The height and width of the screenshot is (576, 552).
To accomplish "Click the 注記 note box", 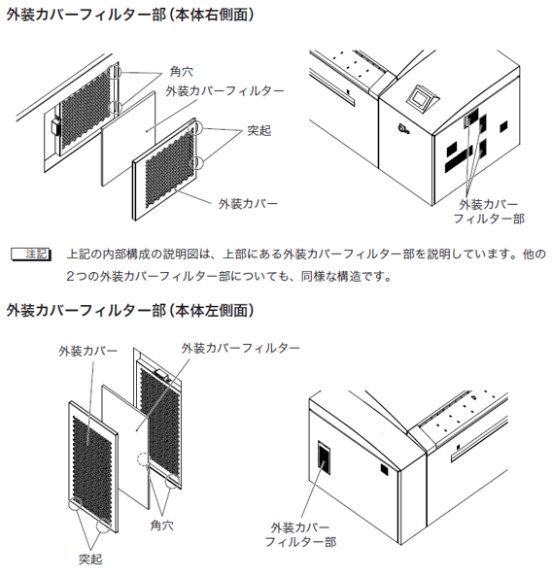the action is (x=31, y=254).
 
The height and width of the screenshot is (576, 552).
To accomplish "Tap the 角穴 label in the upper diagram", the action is (x=182, y=71).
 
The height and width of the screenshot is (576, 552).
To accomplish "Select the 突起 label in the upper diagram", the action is (x=259, y=130).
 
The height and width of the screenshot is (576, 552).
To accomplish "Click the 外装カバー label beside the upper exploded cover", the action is (x=248, y=204).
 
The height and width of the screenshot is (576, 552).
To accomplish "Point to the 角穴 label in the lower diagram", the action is (x=162, y=525).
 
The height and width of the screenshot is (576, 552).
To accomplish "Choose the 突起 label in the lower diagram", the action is (x=90, y=559).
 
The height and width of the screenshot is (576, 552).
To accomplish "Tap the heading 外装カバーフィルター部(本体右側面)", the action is (x=130, y=16).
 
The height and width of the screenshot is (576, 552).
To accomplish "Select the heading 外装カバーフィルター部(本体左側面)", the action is (x=130, y=311).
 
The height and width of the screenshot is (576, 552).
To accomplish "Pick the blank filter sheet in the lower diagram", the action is (x=126, y=446).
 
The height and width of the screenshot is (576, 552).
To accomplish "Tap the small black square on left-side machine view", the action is (x=385, y=469).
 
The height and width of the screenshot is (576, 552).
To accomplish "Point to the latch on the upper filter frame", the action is (x=55, y=126).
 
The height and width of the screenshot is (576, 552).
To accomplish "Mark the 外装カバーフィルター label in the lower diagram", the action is (x=241, y=348).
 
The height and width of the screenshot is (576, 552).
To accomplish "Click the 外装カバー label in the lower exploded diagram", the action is (x=87, y=351).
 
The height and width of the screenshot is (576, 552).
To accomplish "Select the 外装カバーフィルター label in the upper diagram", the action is (x=224, y=90).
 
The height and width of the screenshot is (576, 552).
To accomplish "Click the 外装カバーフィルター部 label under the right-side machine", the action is (x=489, y=211).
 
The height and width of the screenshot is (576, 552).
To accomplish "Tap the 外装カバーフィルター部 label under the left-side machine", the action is (x=300, y=534).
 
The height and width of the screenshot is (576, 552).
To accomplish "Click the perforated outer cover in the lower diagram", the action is (x=93, y=466).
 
